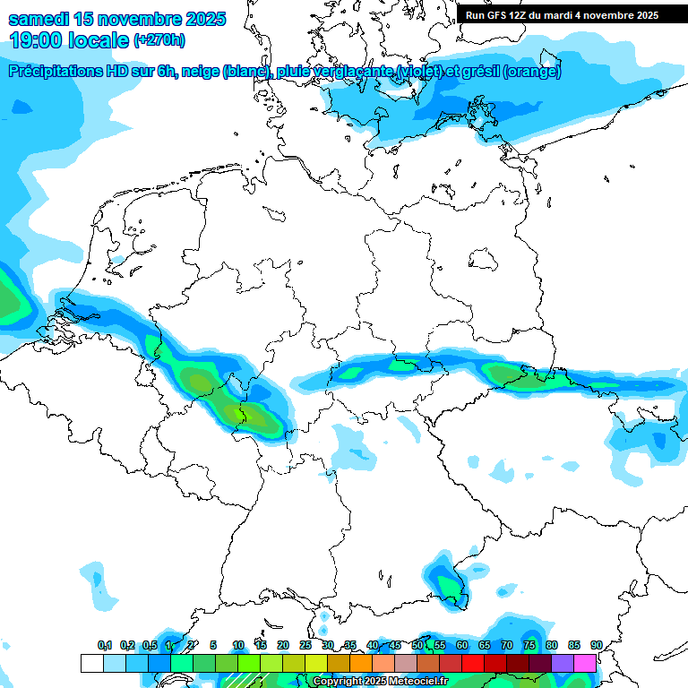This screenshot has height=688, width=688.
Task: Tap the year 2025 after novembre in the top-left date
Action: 201,19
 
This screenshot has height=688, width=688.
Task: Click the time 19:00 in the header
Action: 38,40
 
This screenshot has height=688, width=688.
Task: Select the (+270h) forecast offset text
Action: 159,40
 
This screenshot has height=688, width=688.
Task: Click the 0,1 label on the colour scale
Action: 105,645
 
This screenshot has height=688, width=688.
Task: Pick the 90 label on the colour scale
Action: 596,645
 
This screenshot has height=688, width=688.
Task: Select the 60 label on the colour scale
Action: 461,645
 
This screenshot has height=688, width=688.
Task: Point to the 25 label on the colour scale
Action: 305,645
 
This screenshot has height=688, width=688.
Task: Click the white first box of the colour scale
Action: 91,663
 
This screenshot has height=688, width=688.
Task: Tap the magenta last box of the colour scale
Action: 585,663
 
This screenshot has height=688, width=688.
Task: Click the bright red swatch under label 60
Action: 473,663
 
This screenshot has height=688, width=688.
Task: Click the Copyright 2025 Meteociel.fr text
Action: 380,682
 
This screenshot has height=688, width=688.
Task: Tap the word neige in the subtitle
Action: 200,72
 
